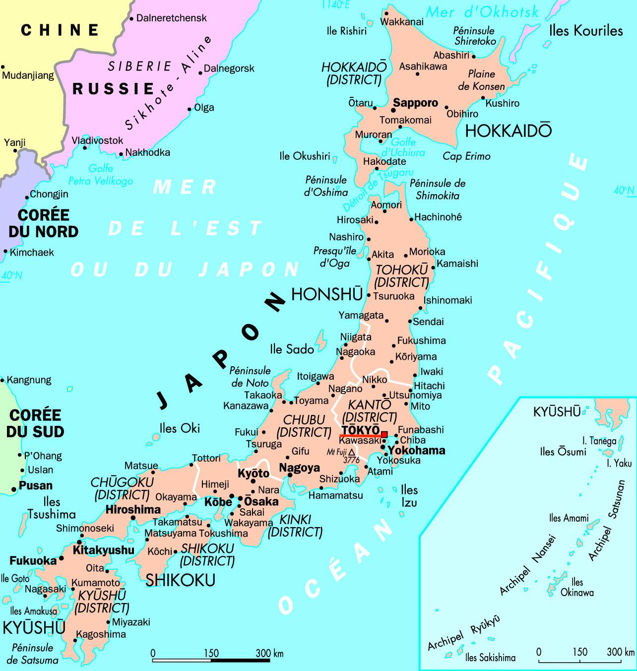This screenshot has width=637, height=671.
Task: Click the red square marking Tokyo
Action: tap(384, 434)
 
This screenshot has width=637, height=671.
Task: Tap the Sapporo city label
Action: tap(415, 103)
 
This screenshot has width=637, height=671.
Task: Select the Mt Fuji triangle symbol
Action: tap(351, 452)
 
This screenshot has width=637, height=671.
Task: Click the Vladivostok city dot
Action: tap(85, 147)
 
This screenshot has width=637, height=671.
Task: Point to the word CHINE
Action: tap(60, 30)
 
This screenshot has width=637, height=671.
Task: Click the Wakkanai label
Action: tap(401, 21)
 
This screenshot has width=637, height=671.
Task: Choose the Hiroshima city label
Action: tap(133, 509)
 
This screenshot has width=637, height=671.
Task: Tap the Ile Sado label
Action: tap(292, 349)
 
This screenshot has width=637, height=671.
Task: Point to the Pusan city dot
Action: tap(14, 489)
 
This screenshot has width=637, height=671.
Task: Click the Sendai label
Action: tap(428, 322)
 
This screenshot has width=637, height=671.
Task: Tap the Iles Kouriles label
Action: tap(586, 31)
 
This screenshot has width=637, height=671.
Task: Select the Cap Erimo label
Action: tap(466, 156)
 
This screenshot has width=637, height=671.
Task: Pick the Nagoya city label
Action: tap(299, 468)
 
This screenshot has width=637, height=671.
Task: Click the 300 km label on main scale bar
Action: tap(269, 653)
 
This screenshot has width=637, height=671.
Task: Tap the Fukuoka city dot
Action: tap(61, 558)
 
